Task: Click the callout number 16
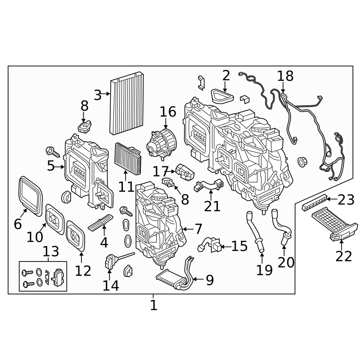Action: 167,112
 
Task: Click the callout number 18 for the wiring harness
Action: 285,76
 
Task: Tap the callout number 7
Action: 198,229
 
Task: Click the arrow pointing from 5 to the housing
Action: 61,166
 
